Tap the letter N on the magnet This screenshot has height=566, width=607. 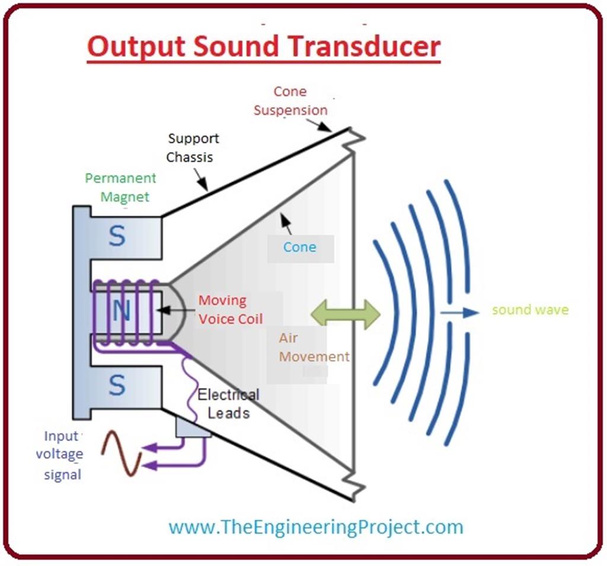pyautogui.click(x=120, y=311)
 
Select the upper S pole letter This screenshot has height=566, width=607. pyautogui.click(x=117, y=237)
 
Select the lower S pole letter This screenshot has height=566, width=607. pyautogui.click(x=117, y=386)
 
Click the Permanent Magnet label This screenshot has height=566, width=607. pyautogui.click(x=121, y=187)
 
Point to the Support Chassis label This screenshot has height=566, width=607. pyautogui.click(x=192, y=148)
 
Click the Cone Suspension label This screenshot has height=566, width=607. pyautogui.click(x=290, y=101)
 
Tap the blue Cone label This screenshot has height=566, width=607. pyautogui.click(x=299, y=247)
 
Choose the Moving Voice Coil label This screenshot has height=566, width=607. pyautogui.click(x=229, y=309)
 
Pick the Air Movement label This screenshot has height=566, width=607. pyautogui.click(x=314, y=347)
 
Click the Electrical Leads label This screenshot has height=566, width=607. pyautogui.click(x=228, y=404)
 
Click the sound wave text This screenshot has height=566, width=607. pyautogui.click(x=529, y=310)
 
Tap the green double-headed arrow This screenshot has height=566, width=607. pyautogui.click(x=346, y=314)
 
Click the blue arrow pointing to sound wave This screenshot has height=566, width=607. pyautogui.click(x=459, y=312)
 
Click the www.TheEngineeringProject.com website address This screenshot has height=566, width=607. pyautogui.click(x=315, y=526)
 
